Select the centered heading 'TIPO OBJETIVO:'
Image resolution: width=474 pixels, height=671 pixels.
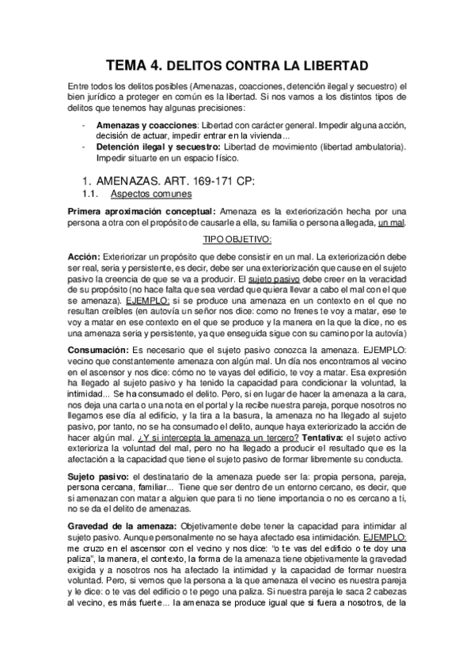tap(237, 240)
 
